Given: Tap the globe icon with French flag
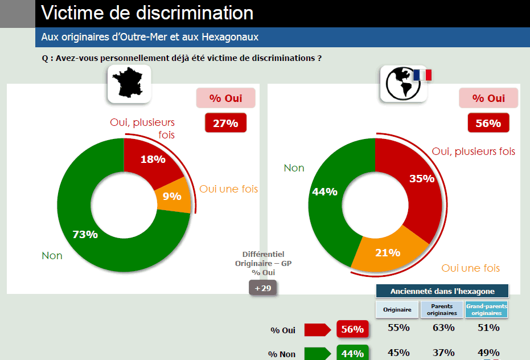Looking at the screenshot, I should point(404,84).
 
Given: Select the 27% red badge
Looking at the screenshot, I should point(225,123).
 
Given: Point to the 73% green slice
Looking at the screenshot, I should point(85,234).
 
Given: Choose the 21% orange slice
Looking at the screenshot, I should point(388,252).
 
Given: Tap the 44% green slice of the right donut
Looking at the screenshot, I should point(325,192).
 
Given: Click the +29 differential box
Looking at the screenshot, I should point(262,288).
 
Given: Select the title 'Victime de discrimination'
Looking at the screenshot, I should point(148,13).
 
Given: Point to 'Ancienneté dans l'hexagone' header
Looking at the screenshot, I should point(442,291).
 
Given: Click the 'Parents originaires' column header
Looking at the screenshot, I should point(442,310).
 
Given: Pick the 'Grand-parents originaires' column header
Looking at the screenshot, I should point(486,310).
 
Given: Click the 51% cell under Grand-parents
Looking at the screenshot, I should point(488,328).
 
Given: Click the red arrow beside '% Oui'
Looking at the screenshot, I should point(317,330).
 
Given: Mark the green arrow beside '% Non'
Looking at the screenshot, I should point(317,354).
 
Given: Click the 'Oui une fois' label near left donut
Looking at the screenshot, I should point(228,189).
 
